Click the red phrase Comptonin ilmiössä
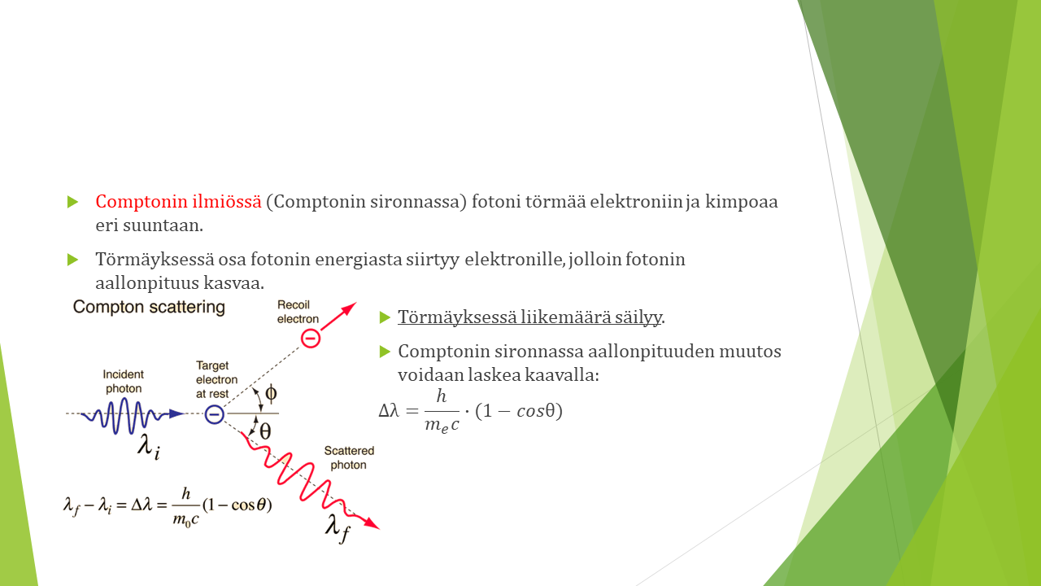(x=178, y=202)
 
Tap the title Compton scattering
(x=149, y=308)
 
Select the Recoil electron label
(x=298, y=312)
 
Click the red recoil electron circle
(x=311, y=338)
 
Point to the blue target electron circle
(x=214, y=414)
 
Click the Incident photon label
(x=123, y=382)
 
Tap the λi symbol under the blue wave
(x=149, y=447)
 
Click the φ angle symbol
(x=271, y=394)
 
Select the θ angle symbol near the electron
(x=265, y=431)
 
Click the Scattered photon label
(x=349, y=457)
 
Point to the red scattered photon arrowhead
(x=372, y=523)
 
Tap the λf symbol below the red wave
(x=338, y=530)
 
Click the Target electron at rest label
(x=216, y=379)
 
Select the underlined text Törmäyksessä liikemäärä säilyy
(x=529, y=317)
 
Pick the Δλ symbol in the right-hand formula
(x=389, y=411)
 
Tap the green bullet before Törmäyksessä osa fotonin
(x=72, y=260)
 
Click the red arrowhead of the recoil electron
(x=349, y=308)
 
